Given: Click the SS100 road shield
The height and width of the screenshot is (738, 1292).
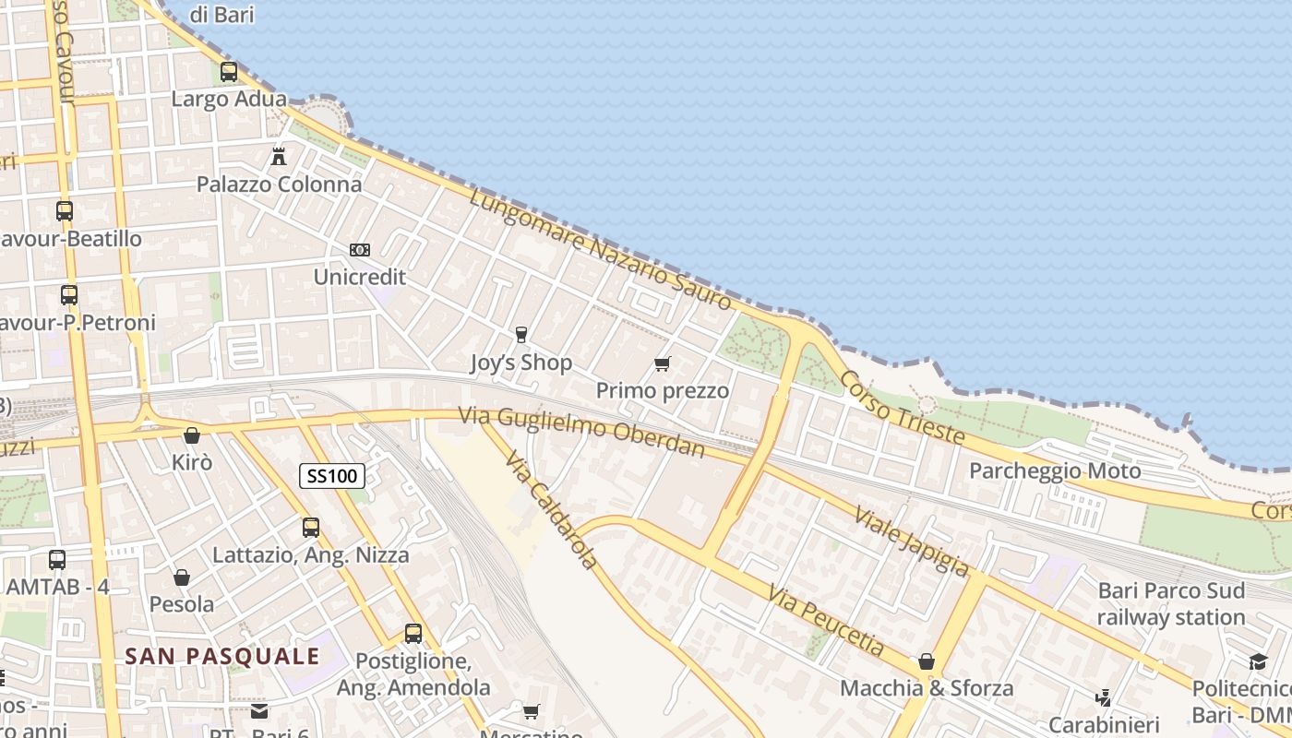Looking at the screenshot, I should point(332,476).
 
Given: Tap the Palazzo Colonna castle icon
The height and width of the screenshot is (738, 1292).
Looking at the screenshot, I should point(279,156).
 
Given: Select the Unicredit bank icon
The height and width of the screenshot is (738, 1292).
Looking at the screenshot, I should point(360,250).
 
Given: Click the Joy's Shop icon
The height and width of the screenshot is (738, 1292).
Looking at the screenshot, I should point(521,334).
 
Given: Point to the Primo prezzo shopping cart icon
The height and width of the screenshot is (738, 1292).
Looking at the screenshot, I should point(662,364).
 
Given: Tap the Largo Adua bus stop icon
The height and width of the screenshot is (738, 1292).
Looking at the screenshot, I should point(229,71).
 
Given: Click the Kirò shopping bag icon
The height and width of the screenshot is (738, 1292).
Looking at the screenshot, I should point(192,434).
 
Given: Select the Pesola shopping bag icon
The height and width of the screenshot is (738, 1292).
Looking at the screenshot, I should point(182,577).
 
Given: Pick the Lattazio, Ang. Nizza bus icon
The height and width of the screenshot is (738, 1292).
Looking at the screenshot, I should point(311,528).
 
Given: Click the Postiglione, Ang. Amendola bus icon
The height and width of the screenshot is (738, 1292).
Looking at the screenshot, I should point(413,634).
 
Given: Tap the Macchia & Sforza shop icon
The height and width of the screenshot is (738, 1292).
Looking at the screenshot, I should point(927,661).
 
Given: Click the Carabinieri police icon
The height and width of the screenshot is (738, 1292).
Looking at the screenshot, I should point(1103,697).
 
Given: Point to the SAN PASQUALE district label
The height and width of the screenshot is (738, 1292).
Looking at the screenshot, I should point(222,657).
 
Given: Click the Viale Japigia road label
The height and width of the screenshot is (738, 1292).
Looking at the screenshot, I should point(912,541).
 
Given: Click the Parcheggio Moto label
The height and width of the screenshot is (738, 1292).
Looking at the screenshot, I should point(1055,470).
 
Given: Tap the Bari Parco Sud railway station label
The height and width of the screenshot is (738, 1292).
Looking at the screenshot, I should point(1171,603).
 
